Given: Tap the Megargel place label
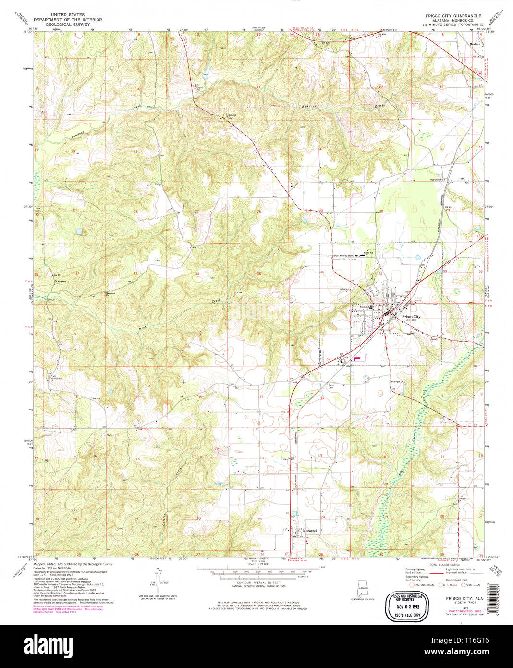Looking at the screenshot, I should [310, 531].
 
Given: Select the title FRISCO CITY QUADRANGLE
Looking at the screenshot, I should [453, 16].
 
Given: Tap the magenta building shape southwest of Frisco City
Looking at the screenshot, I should [357, 358].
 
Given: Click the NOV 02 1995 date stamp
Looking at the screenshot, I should [407, 607].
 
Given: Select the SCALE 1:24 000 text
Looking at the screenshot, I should [258, 564].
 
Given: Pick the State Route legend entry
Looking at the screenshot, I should [472, 585].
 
